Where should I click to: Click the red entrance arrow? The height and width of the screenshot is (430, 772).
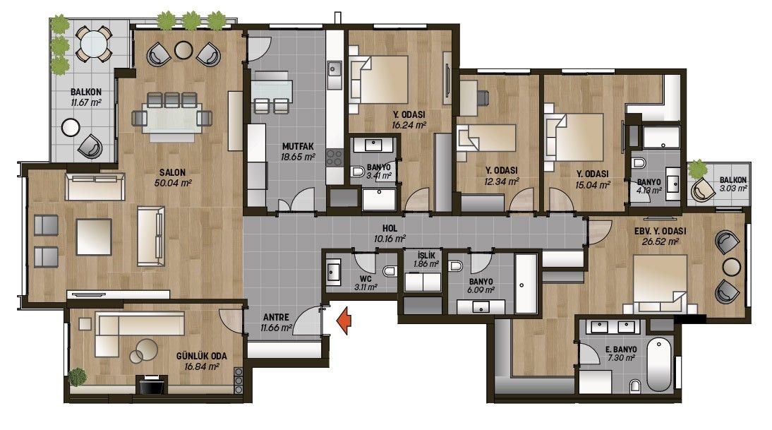click(x=344, y=321)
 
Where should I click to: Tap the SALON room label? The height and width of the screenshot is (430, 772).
click(x=172, y=172)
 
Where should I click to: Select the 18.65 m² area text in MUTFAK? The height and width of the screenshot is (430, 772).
click(x=298, y=157)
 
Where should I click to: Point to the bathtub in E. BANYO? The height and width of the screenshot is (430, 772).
click(x=659, y=364)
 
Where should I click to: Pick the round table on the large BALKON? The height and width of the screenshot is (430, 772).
click(x=94, y=44)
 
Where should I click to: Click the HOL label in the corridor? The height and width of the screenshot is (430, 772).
click(x=390, y=229)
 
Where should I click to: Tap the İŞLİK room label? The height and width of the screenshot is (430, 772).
click(x=426, y=256)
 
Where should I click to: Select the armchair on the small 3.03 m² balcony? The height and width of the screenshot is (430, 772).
click(x=703, y=190)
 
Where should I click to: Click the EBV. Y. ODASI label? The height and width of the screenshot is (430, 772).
click(x=661, y=231)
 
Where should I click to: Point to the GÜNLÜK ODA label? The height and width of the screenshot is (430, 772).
click(x=201, y=356)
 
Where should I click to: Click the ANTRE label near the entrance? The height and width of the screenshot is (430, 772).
click(x=276, y=317)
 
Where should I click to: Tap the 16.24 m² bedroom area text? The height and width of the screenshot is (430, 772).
click(x=409, y=125)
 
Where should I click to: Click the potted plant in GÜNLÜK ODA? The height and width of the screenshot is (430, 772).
click(x=77, y=377)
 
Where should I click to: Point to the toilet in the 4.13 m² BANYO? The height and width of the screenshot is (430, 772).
click(x=639, y=163)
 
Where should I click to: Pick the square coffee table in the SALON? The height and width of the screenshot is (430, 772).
click(x=94, y=237)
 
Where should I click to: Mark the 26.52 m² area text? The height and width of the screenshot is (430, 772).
click(x=661, y=241)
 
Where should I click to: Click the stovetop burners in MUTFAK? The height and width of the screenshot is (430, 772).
click(x=334, y=157)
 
